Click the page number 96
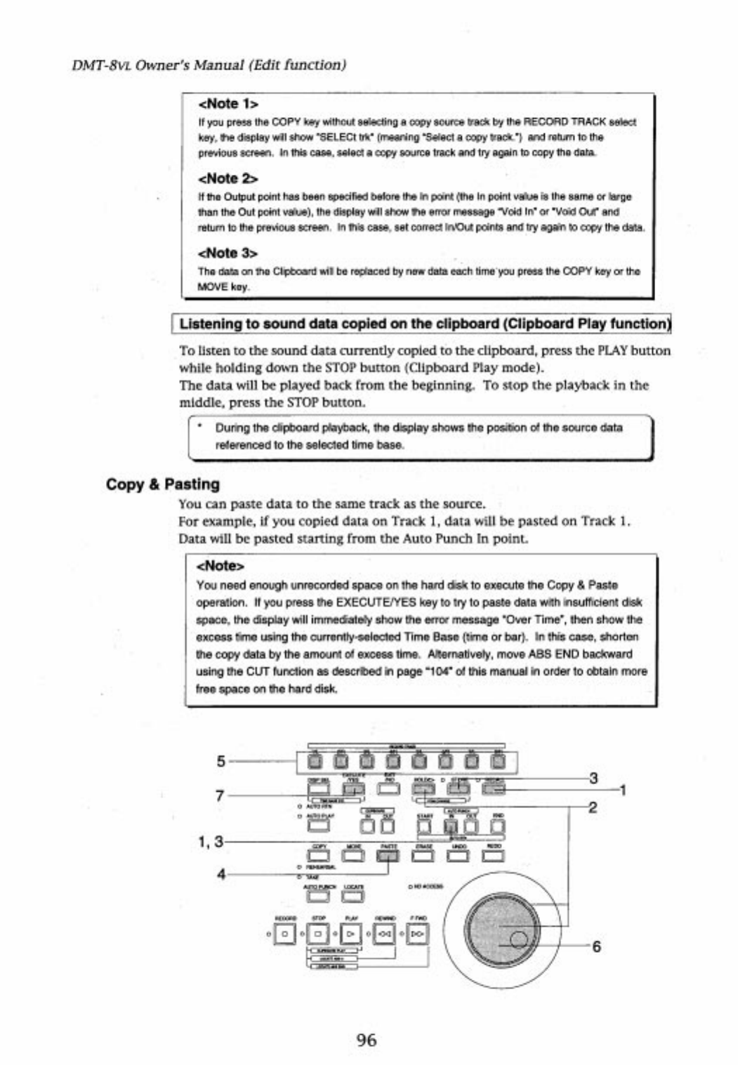pos(367,1040)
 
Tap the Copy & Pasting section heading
pos(163,484)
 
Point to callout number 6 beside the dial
pos(596,946)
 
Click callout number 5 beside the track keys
pos(220,760)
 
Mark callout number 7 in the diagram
pos(220,795)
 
